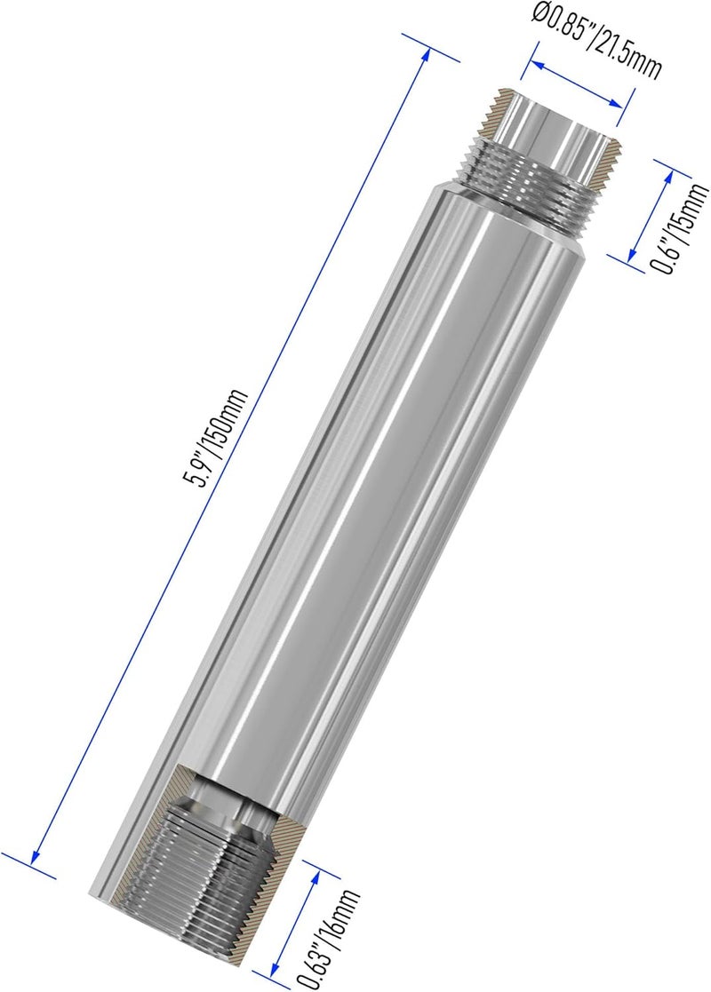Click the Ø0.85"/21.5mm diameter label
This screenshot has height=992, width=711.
click(x=595, y=40)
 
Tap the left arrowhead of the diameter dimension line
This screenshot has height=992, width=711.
click(x=536, y=64)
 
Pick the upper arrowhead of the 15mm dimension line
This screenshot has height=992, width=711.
click(x=668, y=177)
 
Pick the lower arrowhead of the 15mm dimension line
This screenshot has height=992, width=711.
click(x=631, y=252)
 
